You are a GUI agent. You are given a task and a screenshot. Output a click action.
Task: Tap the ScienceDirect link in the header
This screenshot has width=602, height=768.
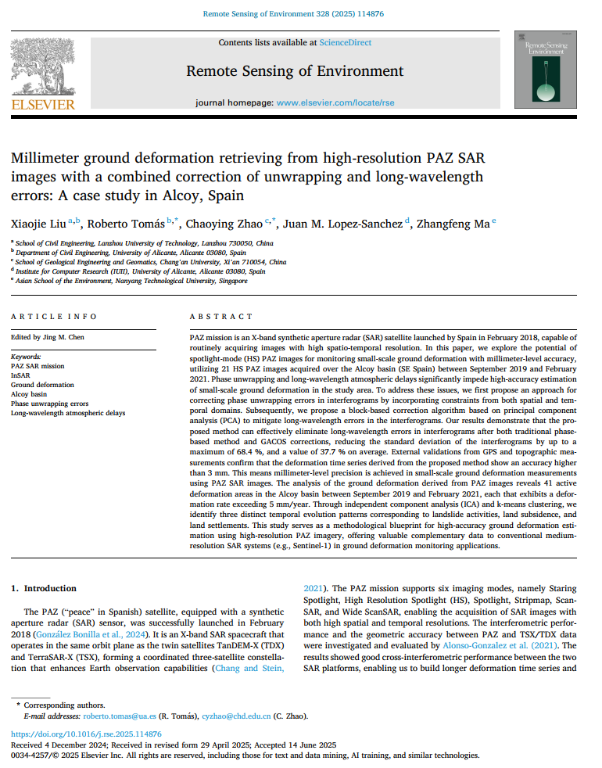(x=346, y=42)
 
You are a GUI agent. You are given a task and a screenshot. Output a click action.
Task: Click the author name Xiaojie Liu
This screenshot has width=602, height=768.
(x=37, y=224)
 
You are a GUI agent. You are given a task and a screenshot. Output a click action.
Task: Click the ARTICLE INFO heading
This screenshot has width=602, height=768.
(x=54, y=317)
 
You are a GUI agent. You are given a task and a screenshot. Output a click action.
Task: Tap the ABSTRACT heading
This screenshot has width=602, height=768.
(x=221, y=317)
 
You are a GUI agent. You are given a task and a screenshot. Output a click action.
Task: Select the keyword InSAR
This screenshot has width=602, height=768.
(x=20, y=375)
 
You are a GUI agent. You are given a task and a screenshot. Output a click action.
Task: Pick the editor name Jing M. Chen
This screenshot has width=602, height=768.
(x=65, y=337)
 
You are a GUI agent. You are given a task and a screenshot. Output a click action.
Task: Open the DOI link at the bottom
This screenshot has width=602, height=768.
(x=86, y=734)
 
